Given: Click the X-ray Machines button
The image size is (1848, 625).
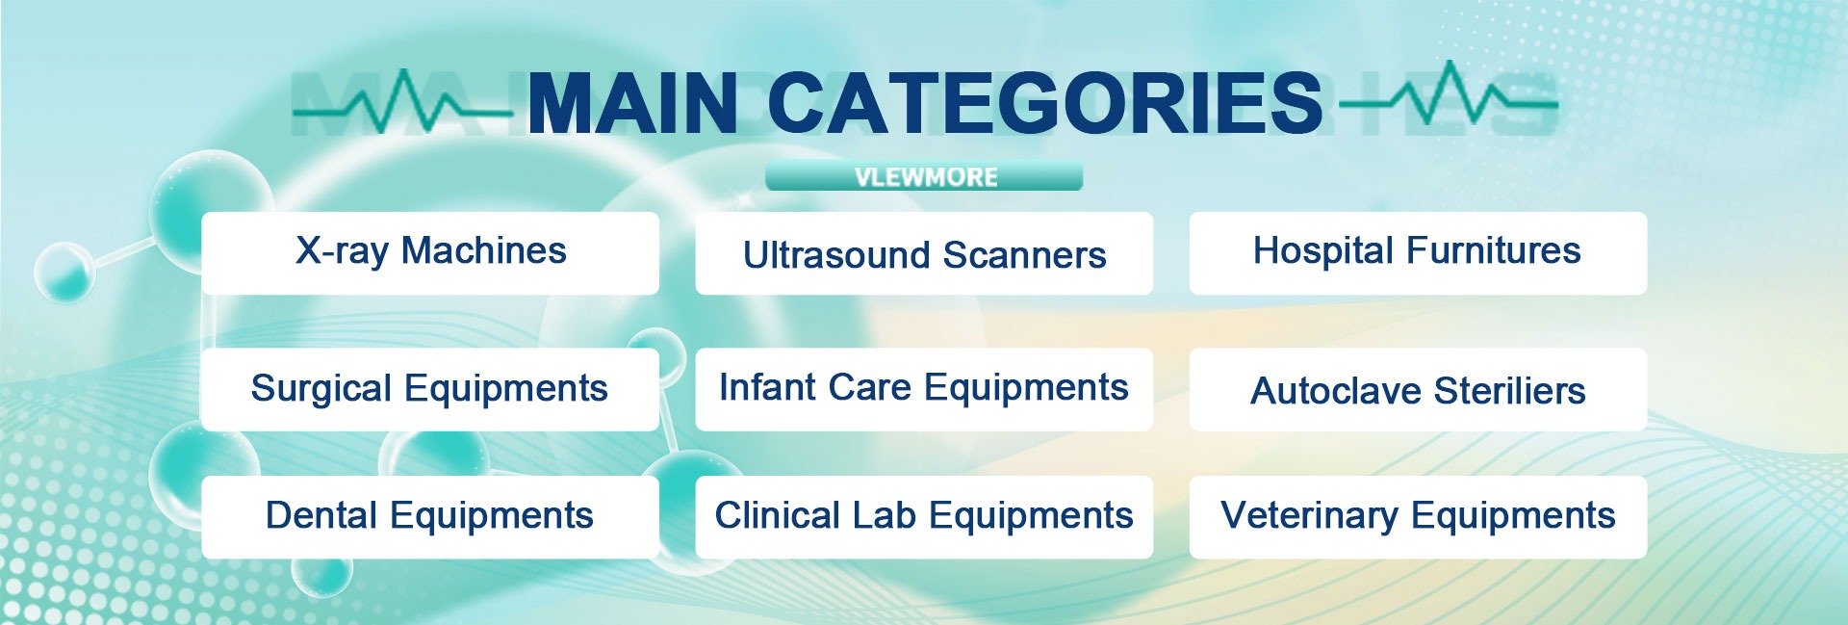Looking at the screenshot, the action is click(x=430, y=253).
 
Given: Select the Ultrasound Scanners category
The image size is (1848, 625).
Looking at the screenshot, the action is click(x=924, y=253).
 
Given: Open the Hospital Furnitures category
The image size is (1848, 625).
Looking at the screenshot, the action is click(x=1418, y=253).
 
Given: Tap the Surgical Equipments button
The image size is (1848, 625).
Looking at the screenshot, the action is click(x=430, y=389).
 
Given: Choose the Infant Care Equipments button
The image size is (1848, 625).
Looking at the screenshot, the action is click(x=924, y=389).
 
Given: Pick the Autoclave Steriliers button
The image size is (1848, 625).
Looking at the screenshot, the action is click(x=1418, y=389).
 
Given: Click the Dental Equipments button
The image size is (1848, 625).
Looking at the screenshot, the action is click(x=430, y=517).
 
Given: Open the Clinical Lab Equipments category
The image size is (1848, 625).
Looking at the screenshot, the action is click(x=924, y=517).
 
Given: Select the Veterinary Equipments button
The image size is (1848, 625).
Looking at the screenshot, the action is click(x=1418, y=517).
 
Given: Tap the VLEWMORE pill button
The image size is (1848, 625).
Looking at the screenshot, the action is click(x=924, y=177).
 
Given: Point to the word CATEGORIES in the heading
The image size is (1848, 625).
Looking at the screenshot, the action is click(x=1045, y=103).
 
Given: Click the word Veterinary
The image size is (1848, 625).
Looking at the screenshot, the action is click(x=1309, y=516).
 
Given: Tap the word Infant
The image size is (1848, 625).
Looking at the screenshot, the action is click(x=765, y=387).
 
